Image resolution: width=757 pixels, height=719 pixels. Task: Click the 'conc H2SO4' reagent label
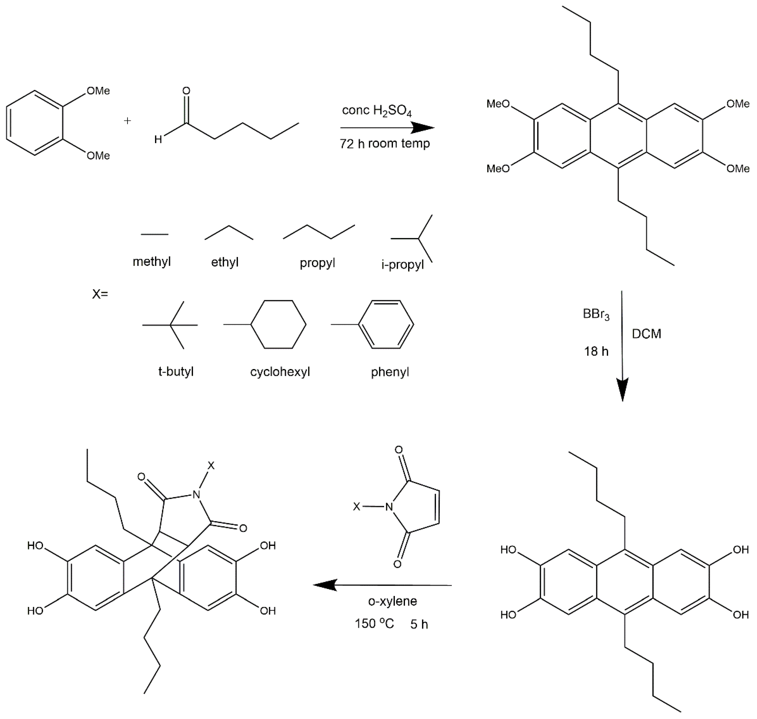(x=377, y=111)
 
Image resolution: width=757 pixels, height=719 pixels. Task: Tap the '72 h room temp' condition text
(x=385, y=144)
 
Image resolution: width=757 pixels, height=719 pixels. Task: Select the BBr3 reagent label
(x=596, y=314)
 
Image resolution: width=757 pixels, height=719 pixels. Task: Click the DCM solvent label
(x=646, y=334)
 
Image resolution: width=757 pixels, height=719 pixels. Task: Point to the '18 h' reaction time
(x=596, y=351)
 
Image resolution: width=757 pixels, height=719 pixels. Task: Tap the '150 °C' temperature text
(x=374, y=624)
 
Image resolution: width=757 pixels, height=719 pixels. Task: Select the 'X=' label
(x=100, y=294)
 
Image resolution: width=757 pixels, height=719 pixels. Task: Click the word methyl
(x=152, y=262)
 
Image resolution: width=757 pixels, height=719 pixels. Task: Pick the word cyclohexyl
(x=280, y=372)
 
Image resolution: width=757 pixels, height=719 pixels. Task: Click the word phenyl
(x=390, y=372)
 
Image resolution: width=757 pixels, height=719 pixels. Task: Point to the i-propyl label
(x=402, y=265)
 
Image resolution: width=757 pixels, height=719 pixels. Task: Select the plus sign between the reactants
(x=127, y=121)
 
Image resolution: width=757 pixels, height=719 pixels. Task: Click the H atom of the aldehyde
(x=158, y=140)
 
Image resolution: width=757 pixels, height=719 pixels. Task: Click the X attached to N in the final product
(x=211, y=466)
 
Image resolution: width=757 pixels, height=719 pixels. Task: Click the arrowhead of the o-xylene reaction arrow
(x=325, y=585)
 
